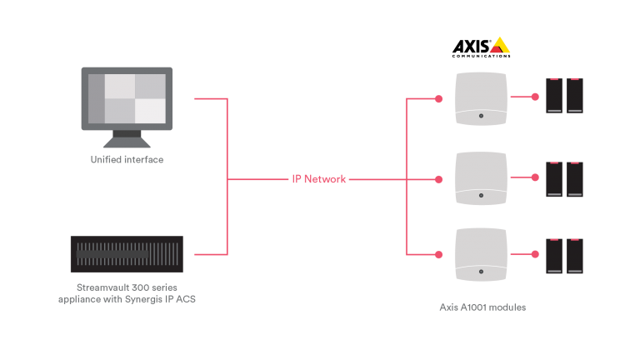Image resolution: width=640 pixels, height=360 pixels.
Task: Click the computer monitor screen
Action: [127, 98]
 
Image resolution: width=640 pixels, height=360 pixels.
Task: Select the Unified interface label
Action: [127, 159]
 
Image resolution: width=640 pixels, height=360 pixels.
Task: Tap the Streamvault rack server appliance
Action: [127, 248]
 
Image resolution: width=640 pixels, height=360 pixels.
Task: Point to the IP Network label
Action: [319, 179]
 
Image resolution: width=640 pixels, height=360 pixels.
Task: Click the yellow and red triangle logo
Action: [499, 45]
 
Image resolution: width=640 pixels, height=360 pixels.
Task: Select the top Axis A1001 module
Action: [481, 99]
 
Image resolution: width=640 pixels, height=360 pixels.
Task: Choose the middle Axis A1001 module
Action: [481, 178]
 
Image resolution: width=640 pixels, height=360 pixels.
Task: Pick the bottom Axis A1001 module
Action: [481, 254]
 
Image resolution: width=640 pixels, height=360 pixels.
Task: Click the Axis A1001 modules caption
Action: [482, 307]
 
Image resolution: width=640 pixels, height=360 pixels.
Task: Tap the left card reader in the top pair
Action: [553, 95]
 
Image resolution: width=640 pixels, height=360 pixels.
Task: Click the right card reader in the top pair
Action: [575, 95]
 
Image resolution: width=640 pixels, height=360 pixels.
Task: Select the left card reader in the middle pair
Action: [553, 178]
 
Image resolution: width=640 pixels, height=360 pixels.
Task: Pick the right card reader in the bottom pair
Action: [575, 256]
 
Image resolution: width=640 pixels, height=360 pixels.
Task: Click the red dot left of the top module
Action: [438, 99]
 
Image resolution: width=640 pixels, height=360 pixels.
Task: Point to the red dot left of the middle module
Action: [438, 178]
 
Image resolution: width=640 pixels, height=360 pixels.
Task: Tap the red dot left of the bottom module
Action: [438, 253]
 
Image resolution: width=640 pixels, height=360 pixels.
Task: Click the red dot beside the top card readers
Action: [535, 97]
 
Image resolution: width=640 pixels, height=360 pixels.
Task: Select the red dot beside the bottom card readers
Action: [535, 254]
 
